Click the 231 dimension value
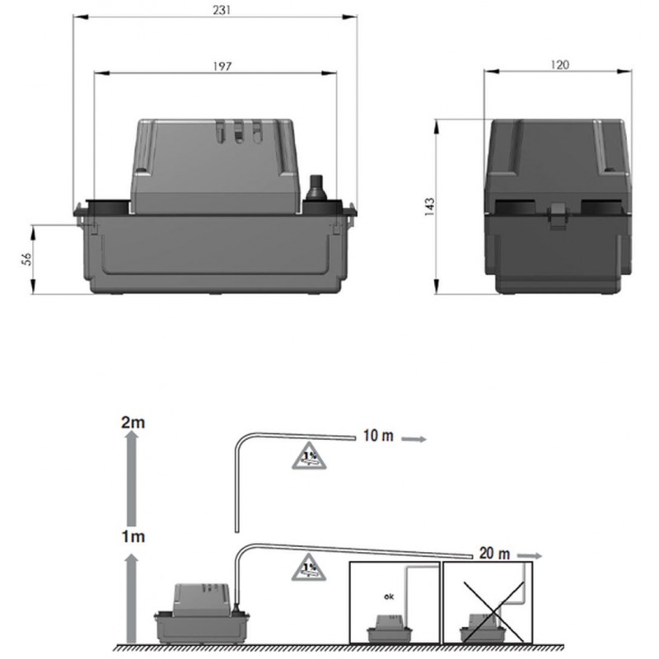pos(222,10)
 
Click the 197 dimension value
pos(222,66)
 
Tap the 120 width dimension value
pos(559,65)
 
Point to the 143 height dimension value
pos(429,207)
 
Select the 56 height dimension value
pos(26,259)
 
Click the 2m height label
pos(133,423)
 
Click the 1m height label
pos(133,537)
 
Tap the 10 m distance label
pos(378,437)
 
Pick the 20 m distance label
pos(495,554)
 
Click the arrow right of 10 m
pos(414,439)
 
